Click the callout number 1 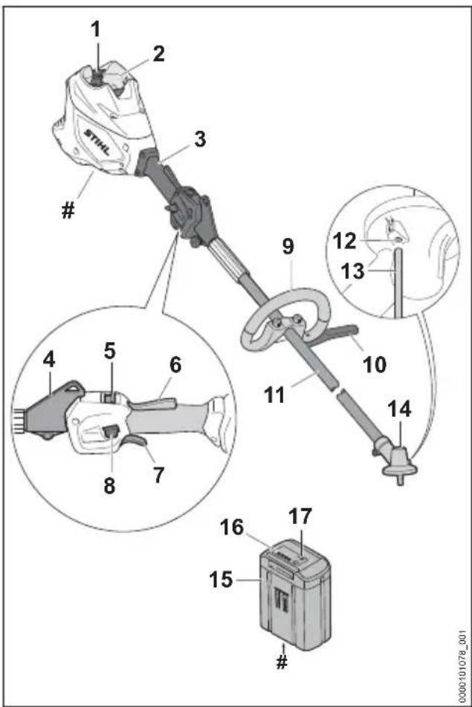[96, 30]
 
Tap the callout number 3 [200, 139]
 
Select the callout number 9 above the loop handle [288, 246]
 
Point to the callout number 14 [399, 410]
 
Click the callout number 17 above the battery [300, 517]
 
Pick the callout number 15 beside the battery [221, 580]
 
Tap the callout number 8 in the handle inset [109, 486]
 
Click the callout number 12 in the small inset [345, 241]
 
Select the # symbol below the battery [282, 662]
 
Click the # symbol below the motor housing [68, 210]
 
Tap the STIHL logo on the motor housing [97, 142]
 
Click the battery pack [296, 595]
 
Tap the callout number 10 [374, 364]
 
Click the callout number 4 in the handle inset [49, 361]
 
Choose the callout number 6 [175, 365]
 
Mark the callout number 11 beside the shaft [274, 395]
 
